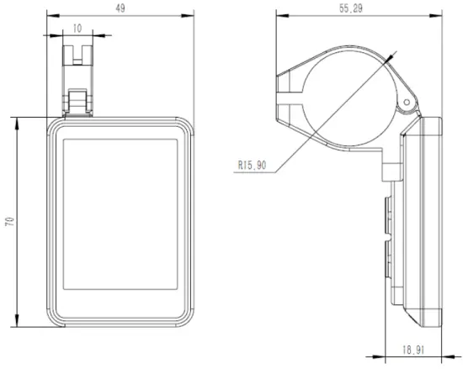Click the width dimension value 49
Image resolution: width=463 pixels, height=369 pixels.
pos(120,8)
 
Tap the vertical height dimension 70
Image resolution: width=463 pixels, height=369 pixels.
pos(8,222)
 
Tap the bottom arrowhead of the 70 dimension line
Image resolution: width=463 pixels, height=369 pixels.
pos(16,325)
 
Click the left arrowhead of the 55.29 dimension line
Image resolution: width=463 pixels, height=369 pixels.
pos(280,14)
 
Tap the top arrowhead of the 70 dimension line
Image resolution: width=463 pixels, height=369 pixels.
pos(16,120)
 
